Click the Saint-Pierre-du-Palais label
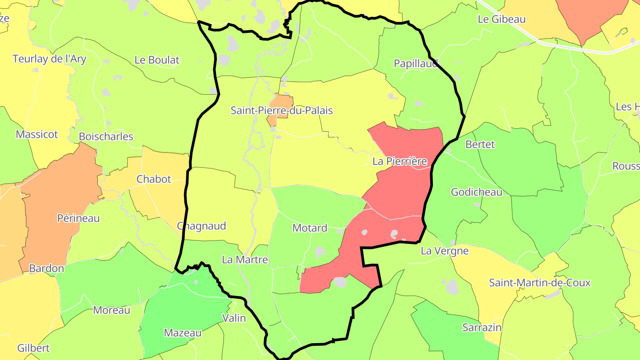[x=281, y=111]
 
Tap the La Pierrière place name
[x=400, y=161]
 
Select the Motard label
[x=310, y=228]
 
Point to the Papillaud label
[x=416, y=64]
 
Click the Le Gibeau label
[x=501, y=19]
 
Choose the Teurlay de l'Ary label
[x=49, y=59]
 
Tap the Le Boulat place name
[x=157, y=60]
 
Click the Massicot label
[x=37, y=134]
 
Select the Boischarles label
[x=106, y=136]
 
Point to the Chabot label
[x=154, y=179]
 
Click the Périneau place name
[x=79, y=218]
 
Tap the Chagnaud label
[x=201, y=226]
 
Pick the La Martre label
[x=245, y=260]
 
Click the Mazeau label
[x=183, y=332]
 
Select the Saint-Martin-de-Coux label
[x=540, y=283]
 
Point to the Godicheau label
[x=476, y=192]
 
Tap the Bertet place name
[x=480, y=144]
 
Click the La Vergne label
[x=444, y=251]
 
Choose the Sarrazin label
[x=482, y=328]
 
